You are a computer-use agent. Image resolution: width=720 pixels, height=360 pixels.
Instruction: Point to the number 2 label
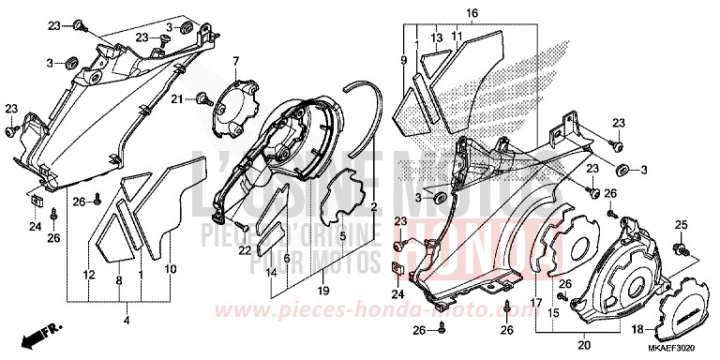click(373, 205)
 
